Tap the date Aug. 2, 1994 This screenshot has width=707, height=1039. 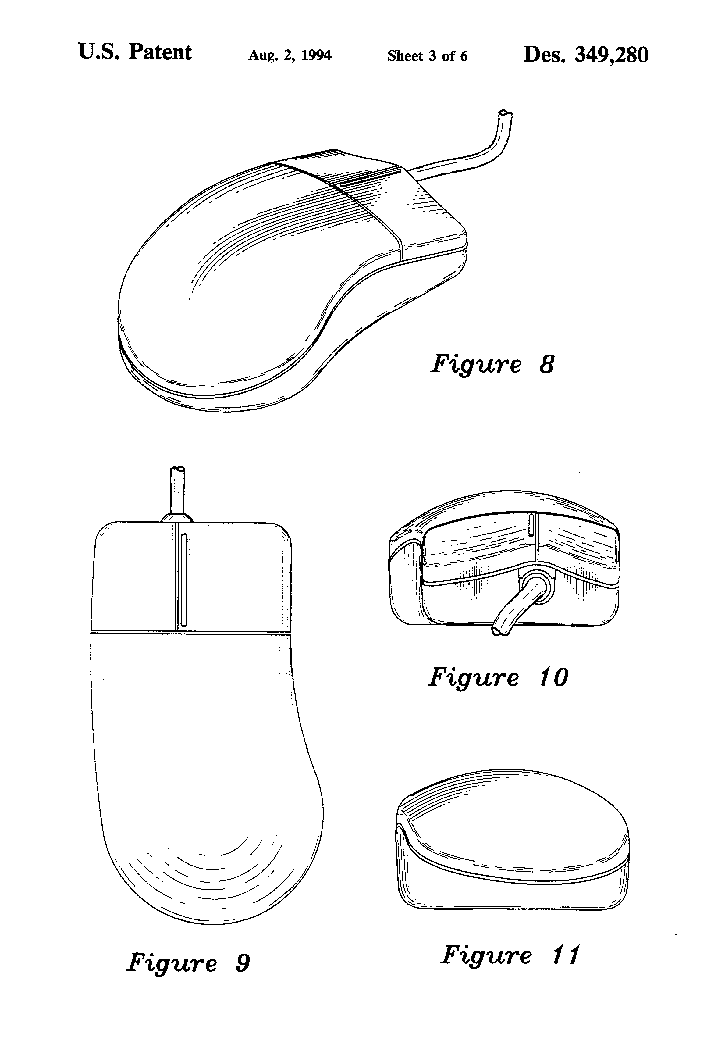click(290, 55)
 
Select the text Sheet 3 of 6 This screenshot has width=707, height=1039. click(427, 56)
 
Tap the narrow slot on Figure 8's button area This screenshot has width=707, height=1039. click(370, 177)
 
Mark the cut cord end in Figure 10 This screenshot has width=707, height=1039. click(498, 631)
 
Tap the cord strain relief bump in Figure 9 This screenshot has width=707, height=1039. click(177, 517)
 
